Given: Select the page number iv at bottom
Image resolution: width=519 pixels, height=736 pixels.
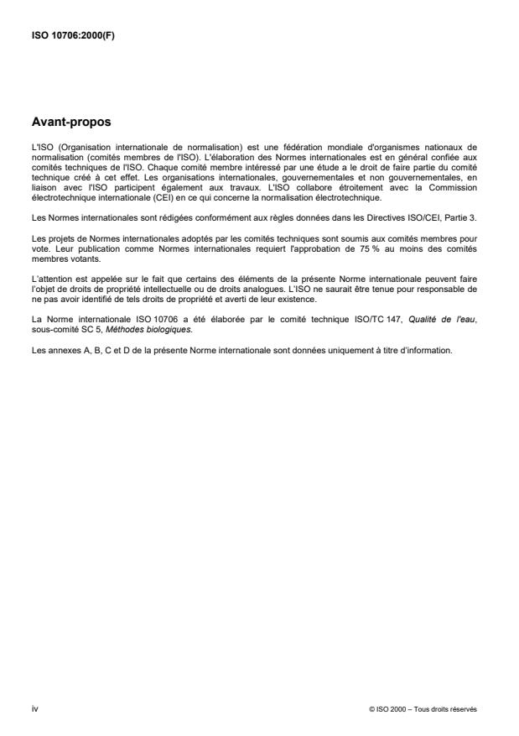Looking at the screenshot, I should [x=34, y=709].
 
